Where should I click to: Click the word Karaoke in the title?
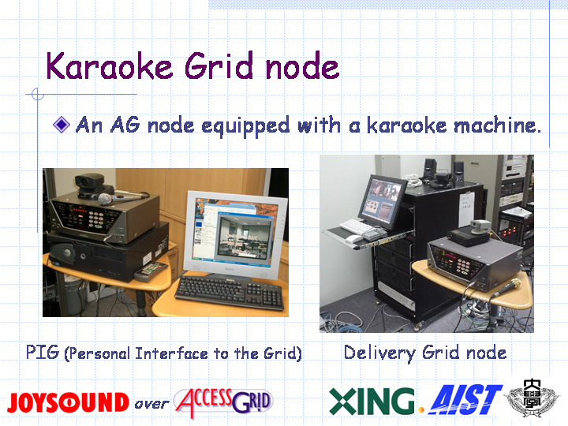[110, 65]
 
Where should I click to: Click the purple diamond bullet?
[62, 125]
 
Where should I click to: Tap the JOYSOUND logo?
[68, 402]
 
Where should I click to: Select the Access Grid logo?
[223, 402]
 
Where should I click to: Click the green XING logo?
[372, 401]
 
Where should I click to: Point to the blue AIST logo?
[465, 399]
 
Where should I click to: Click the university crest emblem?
[532, 398]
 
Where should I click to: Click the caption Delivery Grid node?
[425, 353]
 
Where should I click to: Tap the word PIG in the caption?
[43, 352]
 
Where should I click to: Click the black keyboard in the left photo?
[230, 293]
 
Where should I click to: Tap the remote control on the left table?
[151, 271]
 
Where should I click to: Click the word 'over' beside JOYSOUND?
[151, 404]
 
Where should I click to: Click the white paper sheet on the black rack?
[466, 209]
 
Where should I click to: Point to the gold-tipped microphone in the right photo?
[506, 289]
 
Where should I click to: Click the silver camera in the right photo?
[481, 227]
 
